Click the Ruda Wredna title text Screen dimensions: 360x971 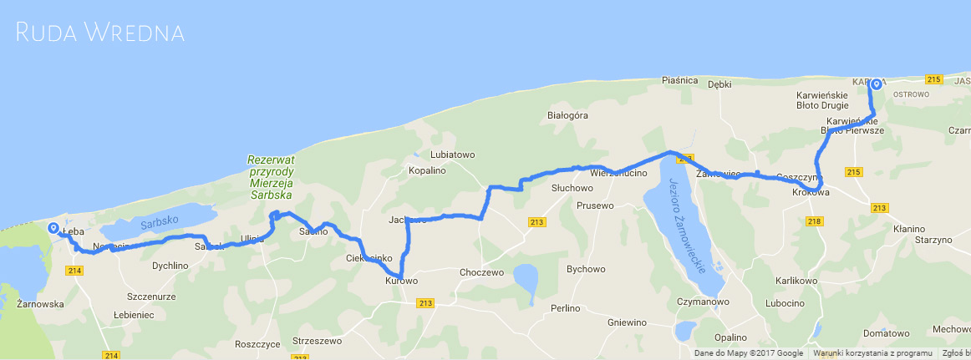click(x=100, y=33)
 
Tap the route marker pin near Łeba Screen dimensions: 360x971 click(x=53, y=227)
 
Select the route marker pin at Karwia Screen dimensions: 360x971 click(x=876, y=84)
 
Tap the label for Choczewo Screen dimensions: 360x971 click(x=481, y=272)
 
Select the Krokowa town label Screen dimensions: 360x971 click(x=811, y=193)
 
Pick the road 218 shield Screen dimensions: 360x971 click(x=816, y=221)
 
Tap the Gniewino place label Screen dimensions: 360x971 click(x=628, y=322)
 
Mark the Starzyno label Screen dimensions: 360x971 click(x=933, y=240)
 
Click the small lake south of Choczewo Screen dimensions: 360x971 click(x=526, y=276)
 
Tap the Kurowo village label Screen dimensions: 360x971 click(x=401, y=281)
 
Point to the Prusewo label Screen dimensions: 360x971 click(x=595, y=205)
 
